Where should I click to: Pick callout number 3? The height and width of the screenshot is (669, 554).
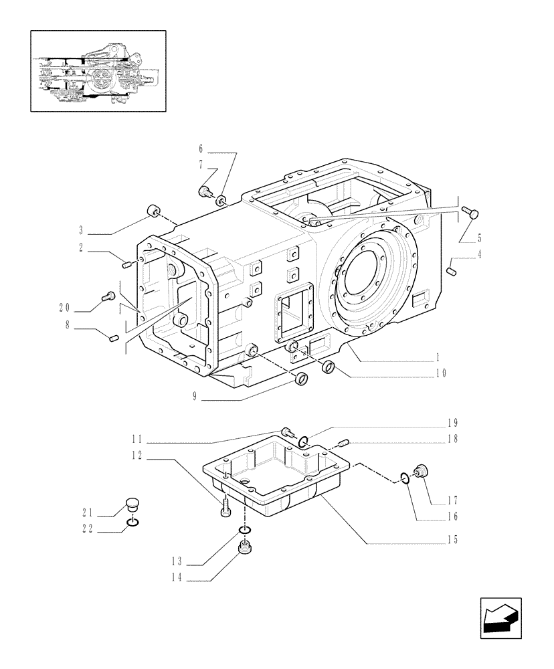[x=80, y=230]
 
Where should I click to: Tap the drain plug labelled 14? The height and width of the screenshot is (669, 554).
[x=245, y=549]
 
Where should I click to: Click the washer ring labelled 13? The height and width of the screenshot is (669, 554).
[x=245, y=531]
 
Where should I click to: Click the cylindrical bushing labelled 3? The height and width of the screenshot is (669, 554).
[x=153, y=213]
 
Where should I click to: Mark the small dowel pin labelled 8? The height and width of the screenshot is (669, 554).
[x=113, y=337]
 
